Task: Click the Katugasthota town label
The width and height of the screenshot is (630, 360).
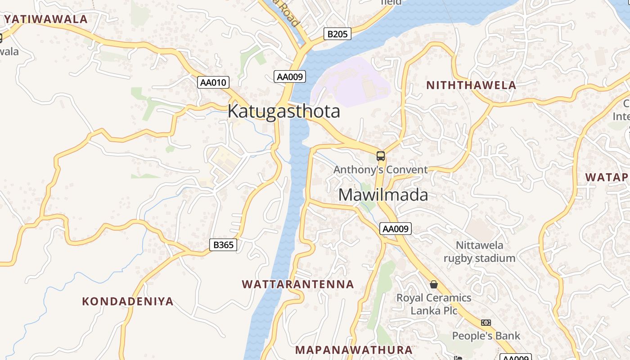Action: point(283,111)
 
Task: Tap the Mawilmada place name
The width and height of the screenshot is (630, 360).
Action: point(383,195)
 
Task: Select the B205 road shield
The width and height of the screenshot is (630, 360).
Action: point(337,34)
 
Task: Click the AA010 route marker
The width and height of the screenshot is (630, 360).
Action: point(213,82)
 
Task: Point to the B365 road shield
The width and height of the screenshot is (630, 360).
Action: point(223,245)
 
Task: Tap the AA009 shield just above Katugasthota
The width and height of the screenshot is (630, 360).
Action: point(290,76)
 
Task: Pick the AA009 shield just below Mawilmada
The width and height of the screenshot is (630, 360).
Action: point(395,229)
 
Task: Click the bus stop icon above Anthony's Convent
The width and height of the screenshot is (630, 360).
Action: point(381,156)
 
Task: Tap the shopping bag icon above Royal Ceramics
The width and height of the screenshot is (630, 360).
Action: point(434,284)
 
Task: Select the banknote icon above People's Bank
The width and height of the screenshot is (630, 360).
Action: point(486,323)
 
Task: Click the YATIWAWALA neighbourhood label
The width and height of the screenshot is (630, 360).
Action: point(46,19)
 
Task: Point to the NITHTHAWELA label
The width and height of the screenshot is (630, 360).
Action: point(471,85)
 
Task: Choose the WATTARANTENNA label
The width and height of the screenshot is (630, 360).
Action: point(298,284)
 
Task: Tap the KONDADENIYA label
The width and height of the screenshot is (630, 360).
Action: point(128,301)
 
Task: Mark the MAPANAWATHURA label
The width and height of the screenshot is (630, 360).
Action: point(354,350)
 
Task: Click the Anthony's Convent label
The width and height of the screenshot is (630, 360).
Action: point(381,170)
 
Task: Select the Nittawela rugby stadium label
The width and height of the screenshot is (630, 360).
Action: point(480,252)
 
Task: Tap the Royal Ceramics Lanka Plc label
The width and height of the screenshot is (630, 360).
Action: point(434,304)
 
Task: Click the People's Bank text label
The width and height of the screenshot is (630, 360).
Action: point(486,336)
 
